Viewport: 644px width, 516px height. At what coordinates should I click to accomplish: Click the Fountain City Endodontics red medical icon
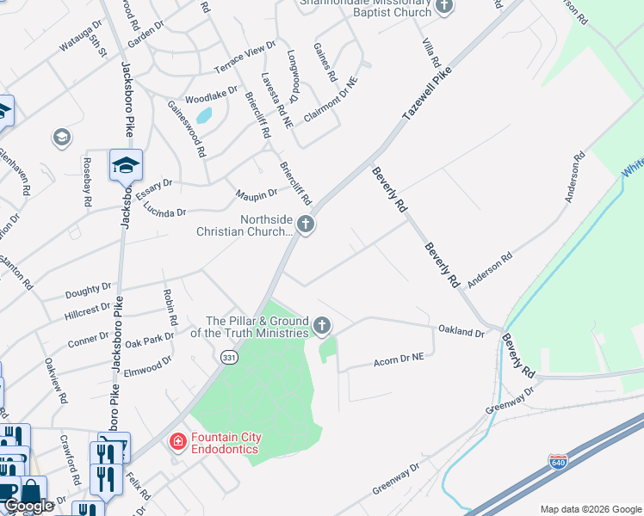(178, 443)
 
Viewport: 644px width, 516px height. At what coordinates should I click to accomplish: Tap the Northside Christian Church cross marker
(305, 225)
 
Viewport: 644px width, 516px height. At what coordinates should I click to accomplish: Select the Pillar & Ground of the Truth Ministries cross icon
(322, 325)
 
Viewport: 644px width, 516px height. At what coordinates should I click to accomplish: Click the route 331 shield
(229, 357)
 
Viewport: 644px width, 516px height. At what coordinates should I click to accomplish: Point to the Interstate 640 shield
(557, 463)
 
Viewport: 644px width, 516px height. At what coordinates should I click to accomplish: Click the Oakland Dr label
(461, 331)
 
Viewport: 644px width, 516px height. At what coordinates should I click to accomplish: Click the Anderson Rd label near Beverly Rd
(490, 269)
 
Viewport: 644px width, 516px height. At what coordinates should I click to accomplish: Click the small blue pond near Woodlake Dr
(204, 114)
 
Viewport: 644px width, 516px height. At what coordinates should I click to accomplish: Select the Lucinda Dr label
(164, 209)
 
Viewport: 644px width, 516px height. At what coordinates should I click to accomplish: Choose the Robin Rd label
(170, 307)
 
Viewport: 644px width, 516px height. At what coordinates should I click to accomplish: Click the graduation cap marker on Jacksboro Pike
(126, 164)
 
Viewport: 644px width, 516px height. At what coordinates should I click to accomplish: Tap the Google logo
(28, 507)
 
